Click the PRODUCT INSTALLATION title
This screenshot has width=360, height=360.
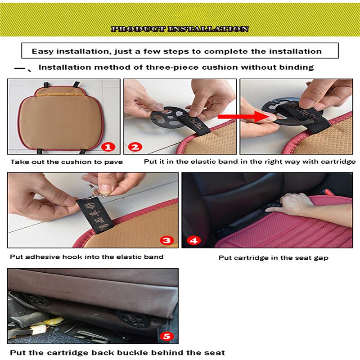coord(180,29)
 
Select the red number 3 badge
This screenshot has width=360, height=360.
coord(166,240)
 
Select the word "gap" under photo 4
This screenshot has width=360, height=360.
coord(322,258)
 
